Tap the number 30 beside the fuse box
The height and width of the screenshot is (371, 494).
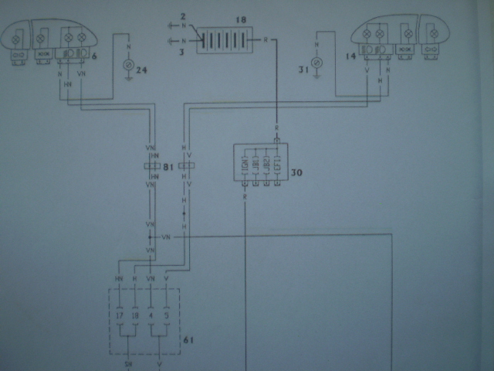point(296,172)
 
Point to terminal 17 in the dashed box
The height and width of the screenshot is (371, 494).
point(120,315)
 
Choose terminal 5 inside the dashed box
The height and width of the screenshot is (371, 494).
point(165,315)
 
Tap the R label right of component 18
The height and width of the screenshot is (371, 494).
point(265,38)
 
